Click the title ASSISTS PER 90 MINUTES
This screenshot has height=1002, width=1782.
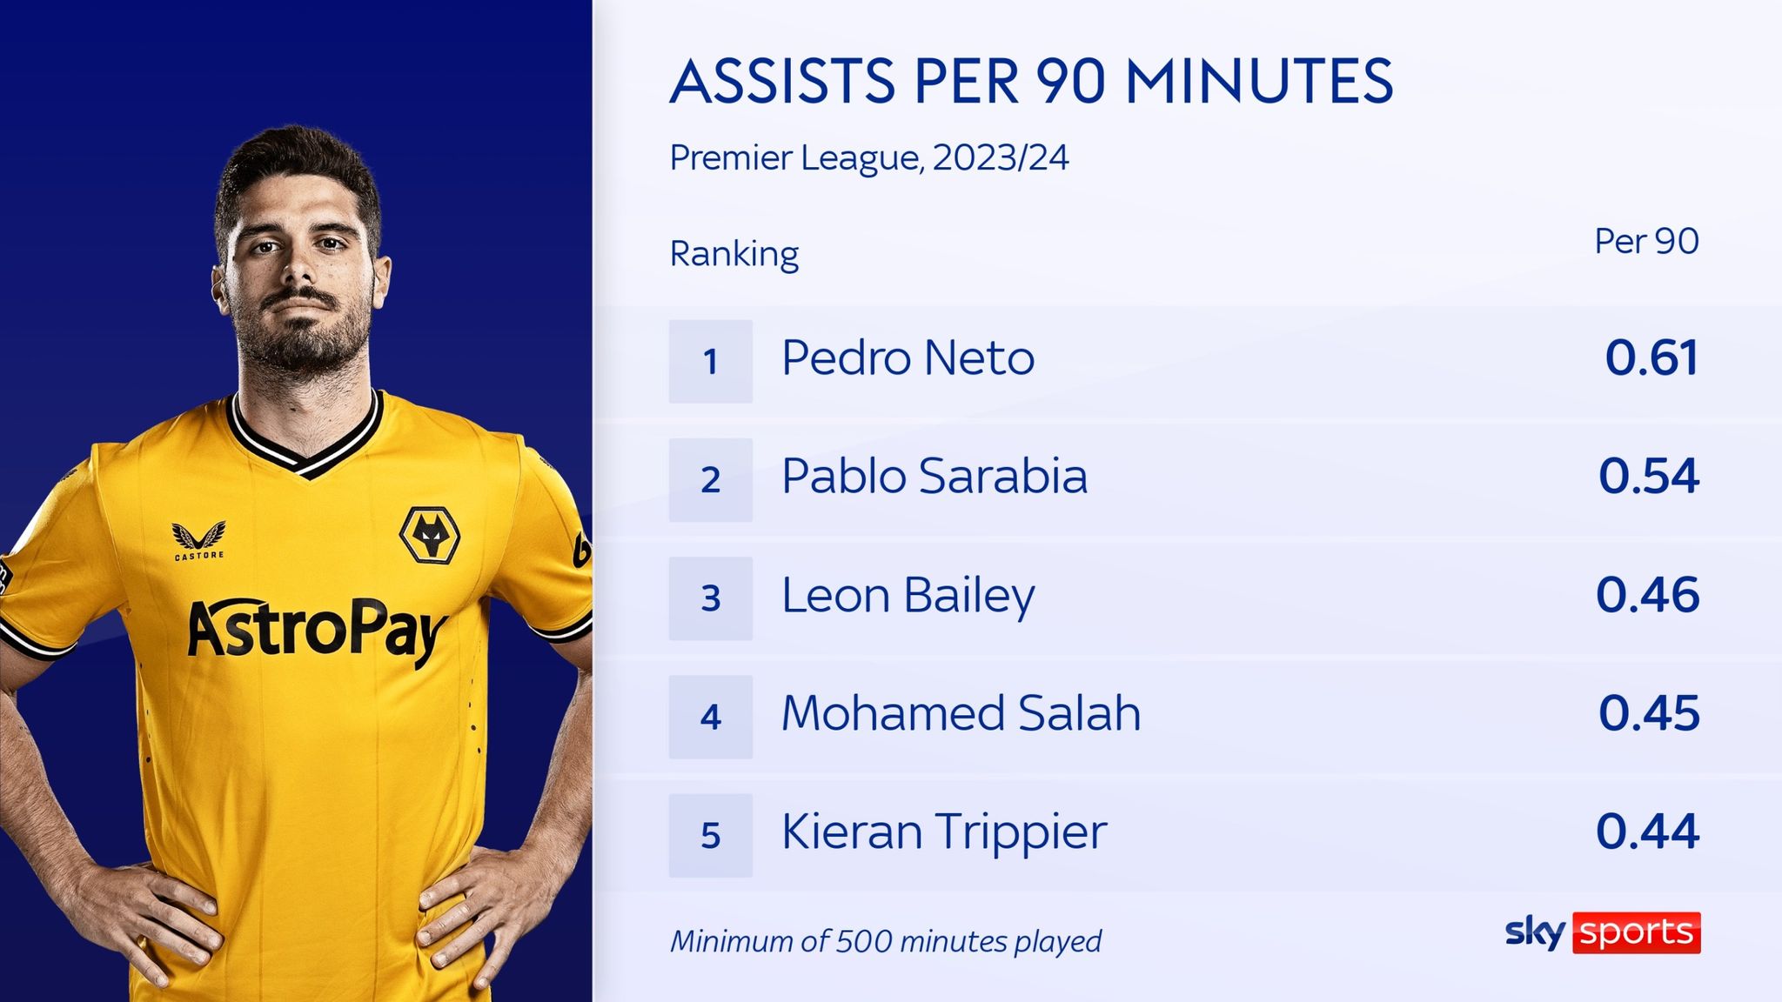click(x=1031, y=82)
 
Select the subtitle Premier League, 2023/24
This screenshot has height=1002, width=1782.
click(x=868, y=158)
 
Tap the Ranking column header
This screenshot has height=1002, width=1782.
click(x=734, y=254)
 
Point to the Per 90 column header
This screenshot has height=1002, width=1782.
click(x=1645, y=242)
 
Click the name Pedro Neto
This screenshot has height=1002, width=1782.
click(x=908, y=358)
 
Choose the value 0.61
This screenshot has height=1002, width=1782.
click(x=1651, y=358)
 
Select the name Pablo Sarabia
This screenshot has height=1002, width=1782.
click(x=934, y=477)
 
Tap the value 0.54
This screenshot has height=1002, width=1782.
click(x=1648, y=477)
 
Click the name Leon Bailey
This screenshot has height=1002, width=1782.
click(x=908, y=597)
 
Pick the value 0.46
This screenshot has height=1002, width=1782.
click(x=1647, y=596)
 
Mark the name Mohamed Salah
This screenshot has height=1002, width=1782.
click(x=961, y=714)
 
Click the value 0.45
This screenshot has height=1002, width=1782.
click(x=1648, y=714)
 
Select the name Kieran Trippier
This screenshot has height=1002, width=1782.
click(x=944, y=832)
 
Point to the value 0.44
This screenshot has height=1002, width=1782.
click(x=1647, y=832)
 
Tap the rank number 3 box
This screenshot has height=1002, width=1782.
click(x=710, y=598)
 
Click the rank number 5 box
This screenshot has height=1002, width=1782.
click(x=710, y=835)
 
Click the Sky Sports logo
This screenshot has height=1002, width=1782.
click(x=1603, y=933)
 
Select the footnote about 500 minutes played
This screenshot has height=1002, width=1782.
click(x=885, y=941)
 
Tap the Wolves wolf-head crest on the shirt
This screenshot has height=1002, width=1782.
click(x=429, y=534)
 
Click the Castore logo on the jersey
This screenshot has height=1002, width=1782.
click(x=199, y=539)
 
